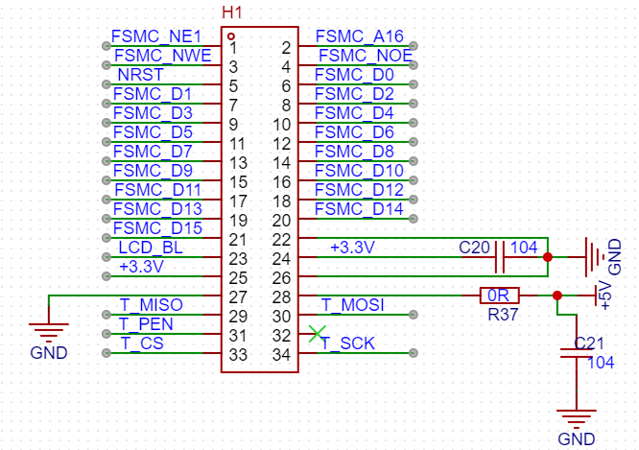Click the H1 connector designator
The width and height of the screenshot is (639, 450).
click(x=232, y=12)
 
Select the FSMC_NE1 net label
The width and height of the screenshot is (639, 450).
click(x=156, y=36)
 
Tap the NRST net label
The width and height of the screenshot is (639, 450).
click(x=141, y=75)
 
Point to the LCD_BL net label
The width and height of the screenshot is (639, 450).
click(x=151, y=248)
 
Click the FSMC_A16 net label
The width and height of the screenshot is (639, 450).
click(x=360, y=36)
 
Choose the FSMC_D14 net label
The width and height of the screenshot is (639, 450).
click(x=359, y=209)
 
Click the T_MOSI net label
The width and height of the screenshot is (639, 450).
click(x=353, y=305)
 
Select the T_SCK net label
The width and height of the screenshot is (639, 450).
click(x=347, y=343)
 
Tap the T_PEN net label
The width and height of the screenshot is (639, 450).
click(x=146, y=324)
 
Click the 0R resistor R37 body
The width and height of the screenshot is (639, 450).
click(x=500, y=296)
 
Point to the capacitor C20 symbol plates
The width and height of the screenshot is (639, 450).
click(x=500, y=257)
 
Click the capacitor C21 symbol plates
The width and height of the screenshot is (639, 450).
click(x=577, y=353)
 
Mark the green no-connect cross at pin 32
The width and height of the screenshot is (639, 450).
click(x=317, y=334)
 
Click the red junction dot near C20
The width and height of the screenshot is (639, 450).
click(x=548, y=257)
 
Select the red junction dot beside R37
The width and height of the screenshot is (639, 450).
click(x=557, y=296)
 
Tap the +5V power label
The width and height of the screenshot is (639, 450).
click(x=606, y=296)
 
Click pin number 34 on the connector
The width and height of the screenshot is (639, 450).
click(x=281, y=355)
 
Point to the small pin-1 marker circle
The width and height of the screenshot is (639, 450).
click(x=231, y=36)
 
